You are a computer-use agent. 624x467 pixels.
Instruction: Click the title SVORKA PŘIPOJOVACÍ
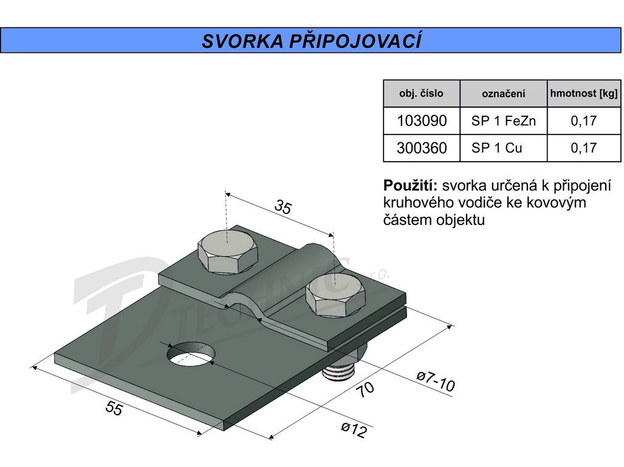tap(311, 41)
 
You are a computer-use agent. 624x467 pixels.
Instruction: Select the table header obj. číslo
tap(421, 94)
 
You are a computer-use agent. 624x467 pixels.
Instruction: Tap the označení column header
tap(503, 94)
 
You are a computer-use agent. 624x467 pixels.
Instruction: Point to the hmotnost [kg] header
tap(583, 94)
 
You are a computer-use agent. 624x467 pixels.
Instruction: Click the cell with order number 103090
tap(421, 121)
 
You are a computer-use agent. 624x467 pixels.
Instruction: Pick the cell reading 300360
tap(421, 148)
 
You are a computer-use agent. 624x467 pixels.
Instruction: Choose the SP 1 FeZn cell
tap(503, 121)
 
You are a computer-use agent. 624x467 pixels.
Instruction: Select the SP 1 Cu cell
tap(496, 148)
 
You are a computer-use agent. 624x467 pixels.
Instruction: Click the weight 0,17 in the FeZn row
tap(583, 121)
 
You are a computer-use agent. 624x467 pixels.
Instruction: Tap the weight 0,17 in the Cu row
tap(583, 148)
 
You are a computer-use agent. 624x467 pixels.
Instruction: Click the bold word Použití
tap(411, 185)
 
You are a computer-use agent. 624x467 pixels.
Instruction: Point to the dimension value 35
tap(283, 207)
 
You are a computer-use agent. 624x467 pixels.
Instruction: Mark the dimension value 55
tap(114, 409)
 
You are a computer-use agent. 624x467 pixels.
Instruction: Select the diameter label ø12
tap(354, 430)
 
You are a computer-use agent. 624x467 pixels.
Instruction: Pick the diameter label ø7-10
tap(435, 381)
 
